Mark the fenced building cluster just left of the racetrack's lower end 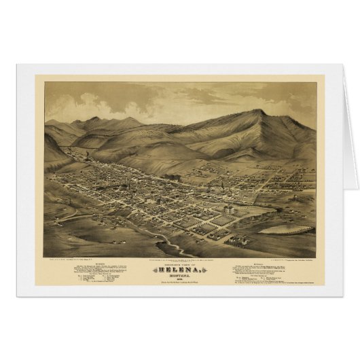click(x=237, y=238)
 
